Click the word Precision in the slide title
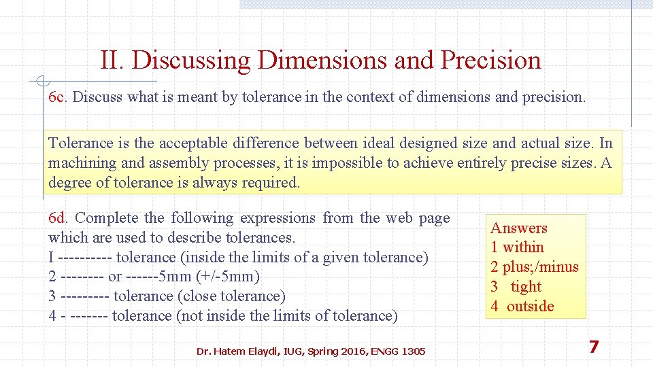pyautogui.click(x=490, y=60)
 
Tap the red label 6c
pyautogui.click(x=57, y=97)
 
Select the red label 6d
pyautogui.click(x=58, y=218)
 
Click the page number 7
pyautogui.click(x=594, y=347)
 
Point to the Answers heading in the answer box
pyautogui.click(x=519, y=228)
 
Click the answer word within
pyautogui.click(x=523, y=247)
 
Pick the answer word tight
pyautogui.click(x=526, y=287)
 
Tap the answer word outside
pyautogui.click(x=530, y=307)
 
